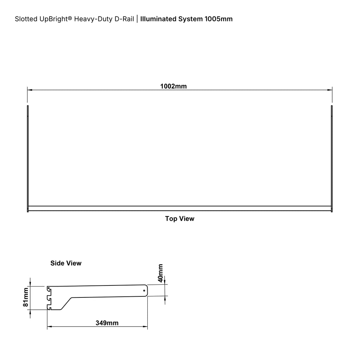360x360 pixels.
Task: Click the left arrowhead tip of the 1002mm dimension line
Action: click(27, 90)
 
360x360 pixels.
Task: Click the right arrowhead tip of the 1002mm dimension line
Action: click(332, 90)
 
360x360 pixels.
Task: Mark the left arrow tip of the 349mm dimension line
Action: click(47, 327)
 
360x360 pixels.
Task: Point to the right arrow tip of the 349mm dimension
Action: click(147, 327)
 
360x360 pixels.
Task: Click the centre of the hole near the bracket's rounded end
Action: click(144, 291)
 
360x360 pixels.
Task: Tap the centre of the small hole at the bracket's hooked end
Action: click(49, 288)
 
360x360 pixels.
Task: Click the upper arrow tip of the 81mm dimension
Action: click(30, 286)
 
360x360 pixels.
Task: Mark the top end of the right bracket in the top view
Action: click(332, 105)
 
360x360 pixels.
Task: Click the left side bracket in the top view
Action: click(28, 159)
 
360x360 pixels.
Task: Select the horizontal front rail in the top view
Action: click(180, 208)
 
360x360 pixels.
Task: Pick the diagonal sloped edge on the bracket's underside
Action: click(66, 303)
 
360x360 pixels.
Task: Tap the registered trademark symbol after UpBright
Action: click(70, 18)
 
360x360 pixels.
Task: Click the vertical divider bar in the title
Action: click(137, 19)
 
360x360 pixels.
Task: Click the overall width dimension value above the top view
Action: click(174, 86)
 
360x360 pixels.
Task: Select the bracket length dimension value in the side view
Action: click(107, 323)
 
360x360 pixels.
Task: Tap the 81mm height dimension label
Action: click(26, 297)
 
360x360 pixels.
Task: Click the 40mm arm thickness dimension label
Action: click(160, 273)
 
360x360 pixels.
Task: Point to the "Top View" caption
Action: click(180, 219)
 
